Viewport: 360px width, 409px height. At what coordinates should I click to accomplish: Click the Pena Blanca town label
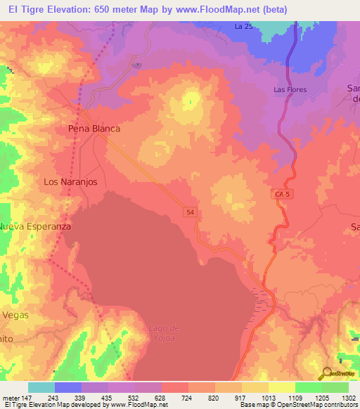click(x=94, y=129)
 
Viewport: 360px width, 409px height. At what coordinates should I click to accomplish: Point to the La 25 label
click(x=243, y=27)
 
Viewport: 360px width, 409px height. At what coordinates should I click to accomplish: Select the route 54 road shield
click(x=190, y=211)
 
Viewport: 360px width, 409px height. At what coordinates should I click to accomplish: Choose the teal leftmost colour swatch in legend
click(x=41, y=387)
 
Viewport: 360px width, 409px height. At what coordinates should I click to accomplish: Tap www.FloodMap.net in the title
click(x=221, y=10)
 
